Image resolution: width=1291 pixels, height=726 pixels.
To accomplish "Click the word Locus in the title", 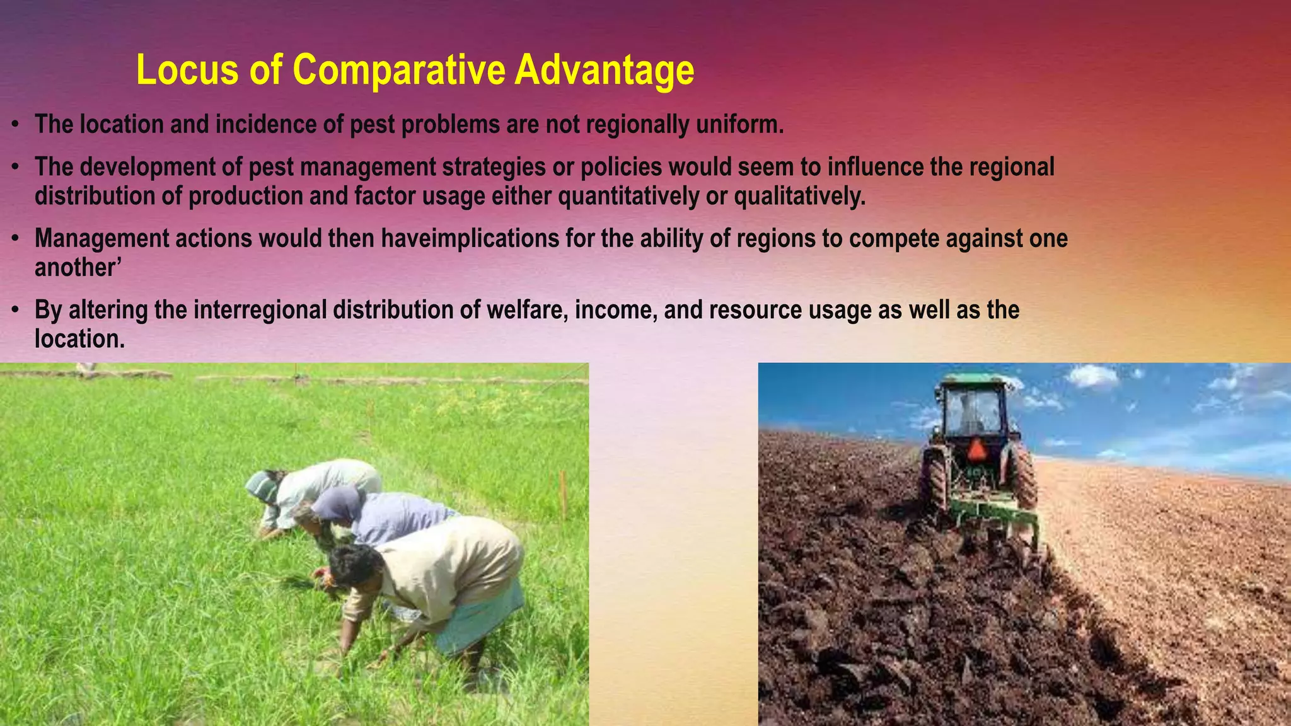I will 187,70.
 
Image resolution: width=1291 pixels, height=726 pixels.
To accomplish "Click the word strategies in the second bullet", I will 494,168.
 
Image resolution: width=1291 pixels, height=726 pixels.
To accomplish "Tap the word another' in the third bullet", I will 78,268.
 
